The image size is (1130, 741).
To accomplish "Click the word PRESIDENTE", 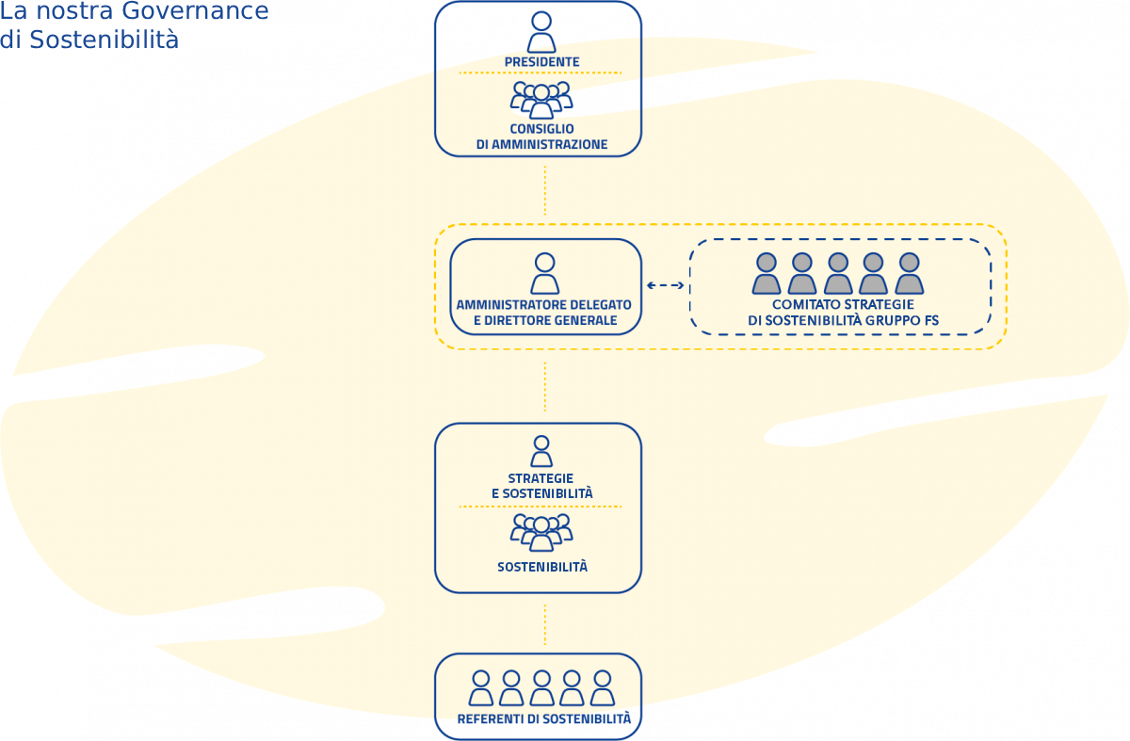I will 541,62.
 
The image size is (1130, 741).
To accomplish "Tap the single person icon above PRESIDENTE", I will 541,33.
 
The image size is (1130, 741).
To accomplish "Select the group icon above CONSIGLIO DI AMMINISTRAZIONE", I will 541,100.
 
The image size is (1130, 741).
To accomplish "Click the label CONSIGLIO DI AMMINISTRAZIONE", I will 541,137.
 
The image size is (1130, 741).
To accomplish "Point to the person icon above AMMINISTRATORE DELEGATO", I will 544,274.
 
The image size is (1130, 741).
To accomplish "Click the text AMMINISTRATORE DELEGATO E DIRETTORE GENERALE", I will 544,313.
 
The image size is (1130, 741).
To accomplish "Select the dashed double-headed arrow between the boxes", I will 666,285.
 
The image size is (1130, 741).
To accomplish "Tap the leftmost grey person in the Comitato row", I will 767,274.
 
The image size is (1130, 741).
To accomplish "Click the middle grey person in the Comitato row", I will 838,274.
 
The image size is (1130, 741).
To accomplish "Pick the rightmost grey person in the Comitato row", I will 909,274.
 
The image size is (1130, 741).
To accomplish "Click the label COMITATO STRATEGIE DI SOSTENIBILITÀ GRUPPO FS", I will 843,313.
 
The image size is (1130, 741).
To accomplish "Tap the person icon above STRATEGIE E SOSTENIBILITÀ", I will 541,451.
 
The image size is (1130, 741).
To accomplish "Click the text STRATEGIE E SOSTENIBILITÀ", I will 541,486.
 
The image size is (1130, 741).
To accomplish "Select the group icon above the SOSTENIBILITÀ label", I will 541,532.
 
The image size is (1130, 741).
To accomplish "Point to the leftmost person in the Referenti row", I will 481,688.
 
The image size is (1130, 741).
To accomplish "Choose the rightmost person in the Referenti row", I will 602,688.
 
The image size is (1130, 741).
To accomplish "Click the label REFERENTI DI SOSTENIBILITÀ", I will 543,719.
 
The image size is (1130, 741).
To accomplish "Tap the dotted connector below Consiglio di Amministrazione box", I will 544,190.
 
